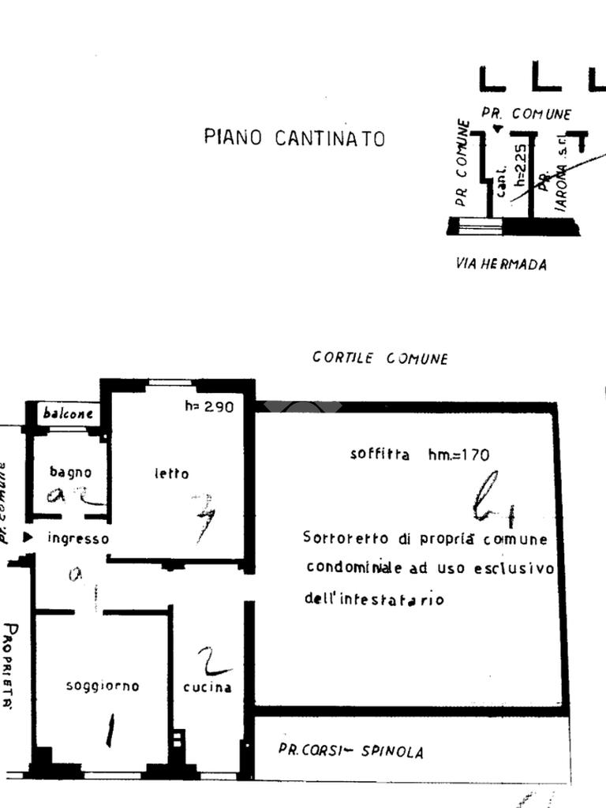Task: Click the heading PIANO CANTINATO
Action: [294, 138]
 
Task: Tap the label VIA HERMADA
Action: [501, 264]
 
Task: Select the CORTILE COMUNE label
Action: [380, 358]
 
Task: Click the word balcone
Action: [68, 413]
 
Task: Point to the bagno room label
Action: [70, 473]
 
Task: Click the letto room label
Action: [171, 473]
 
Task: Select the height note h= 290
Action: [209, 407]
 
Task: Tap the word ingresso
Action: [77, 539]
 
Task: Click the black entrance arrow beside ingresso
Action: [28, 537]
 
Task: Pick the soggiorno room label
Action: [103, 686]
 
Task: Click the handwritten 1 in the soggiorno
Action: [110, 730]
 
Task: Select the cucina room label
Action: [208, 687]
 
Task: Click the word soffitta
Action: [380, 454]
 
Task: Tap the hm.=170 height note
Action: [458, 454]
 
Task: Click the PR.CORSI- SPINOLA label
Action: [350, 750]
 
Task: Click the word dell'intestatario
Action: [374, 600]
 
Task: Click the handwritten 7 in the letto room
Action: [203, 517]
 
